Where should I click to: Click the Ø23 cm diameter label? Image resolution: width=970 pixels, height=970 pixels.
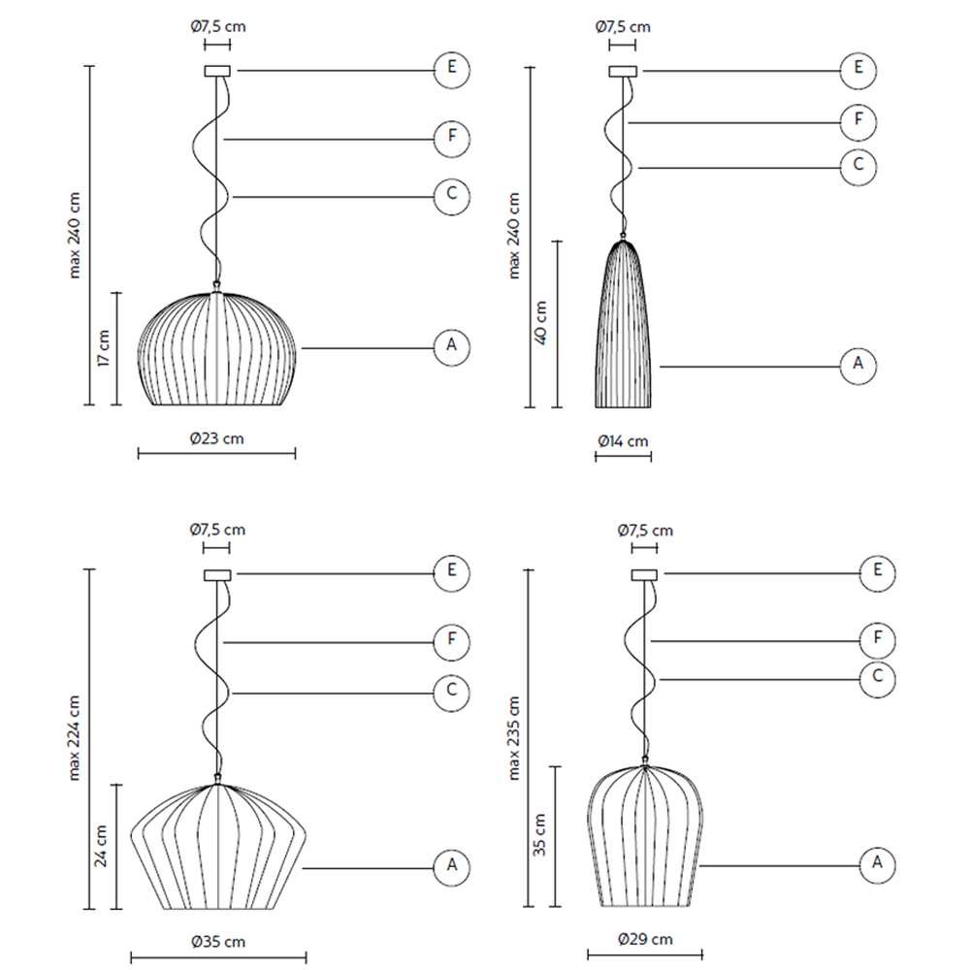click(216, 438)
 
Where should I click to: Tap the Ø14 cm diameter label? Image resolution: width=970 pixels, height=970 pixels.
click(623, 441)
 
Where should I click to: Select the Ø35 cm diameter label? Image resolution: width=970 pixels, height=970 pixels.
click(218, 942)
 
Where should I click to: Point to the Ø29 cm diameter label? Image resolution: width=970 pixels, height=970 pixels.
click(645, 939)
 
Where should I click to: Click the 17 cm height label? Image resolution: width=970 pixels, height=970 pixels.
click(104, 347)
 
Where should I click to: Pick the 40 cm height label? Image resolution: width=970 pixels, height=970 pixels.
click(540, 323)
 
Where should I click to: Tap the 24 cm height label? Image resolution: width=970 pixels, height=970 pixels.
click(100, 846)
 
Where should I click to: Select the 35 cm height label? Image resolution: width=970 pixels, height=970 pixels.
click(539, 834)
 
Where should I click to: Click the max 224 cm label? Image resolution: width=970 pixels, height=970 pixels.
click(74, 738)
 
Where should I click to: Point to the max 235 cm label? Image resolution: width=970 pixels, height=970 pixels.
click(513, 738)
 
